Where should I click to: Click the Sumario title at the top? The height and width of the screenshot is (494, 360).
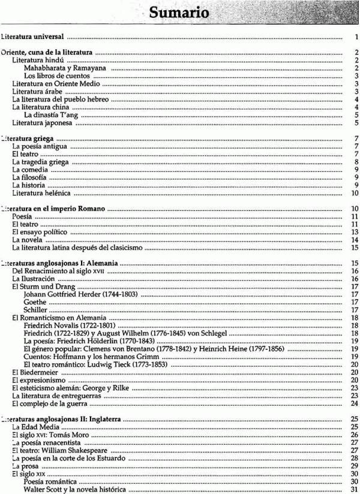click(x=179, y=12)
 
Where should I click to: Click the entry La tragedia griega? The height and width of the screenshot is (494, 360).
click(x=41, y=162)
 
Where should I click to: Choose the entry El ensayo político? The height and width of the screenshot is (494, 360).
click(x=40, y=232)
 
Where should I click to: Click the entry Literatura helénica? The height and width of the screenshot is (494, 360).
click(x=41, y=193)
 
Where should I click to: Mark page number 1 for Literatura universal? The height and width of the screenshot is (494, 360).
click(x=356, y=37)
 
